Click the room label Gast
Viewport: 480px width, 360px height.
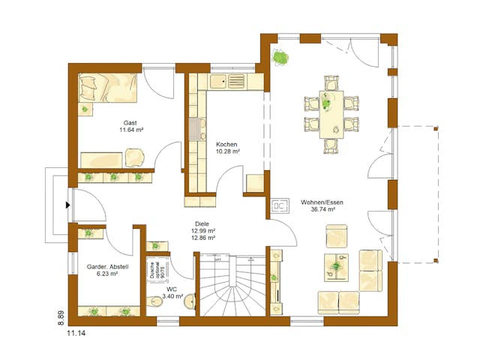[130, 121]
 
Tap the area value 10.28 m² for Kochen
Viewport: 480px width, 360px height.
[227, 151]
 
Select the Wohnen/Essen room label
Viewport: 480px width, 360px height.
[318, 202]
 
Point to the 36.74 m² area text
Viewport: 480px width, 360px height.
[318, 211]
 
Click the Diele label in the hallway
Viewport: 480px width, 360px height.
[202, 223]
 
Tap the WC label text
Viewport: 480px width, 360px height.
[172, 288]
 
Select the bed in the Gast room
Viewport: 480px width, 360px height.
[109, 93]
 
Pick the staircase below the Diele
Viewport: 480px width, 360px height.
[232, 285]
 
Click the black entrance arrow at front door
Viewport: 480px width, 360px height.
[68, 204]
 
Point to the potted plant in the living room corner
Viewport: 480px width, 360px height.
[280, 56]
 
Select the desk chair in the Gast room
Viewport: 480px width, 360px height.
[136, 157]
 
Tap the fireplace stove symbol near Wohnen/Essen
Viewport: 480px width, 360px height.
[278, 204]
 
